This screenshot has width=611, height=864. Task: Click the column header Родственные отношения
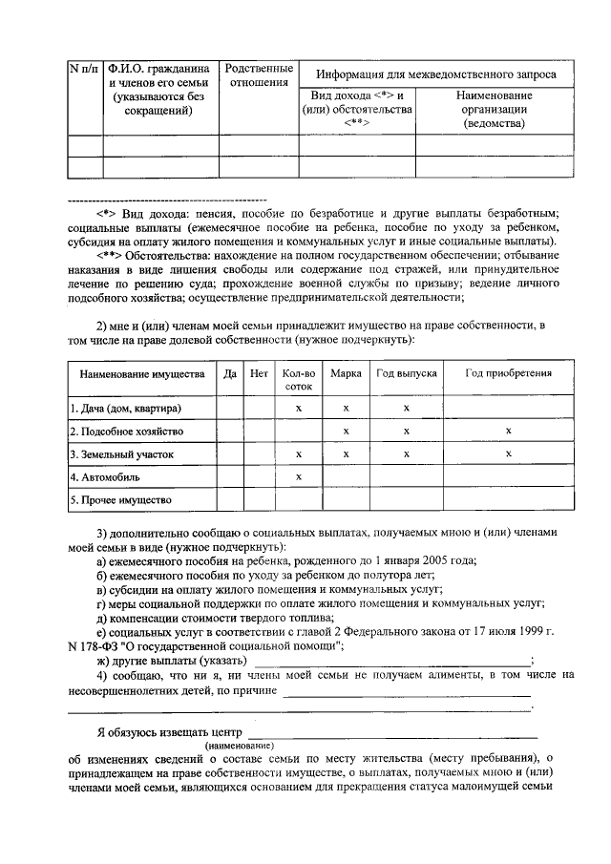pyautogui.click(x=257, y=75)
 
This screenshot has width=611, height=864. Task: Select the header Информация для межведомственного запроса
pyautogui.click(x=436, y=74)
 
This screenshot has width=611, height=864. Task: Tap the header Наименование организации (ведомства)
pyautogui.click(x=494, y=110)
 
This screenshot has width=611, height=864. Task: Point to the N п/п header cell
pyautogui.click(x=84, y=69)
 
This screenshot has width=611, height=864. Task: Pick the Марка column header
pyautogui.click(x=345, y=374)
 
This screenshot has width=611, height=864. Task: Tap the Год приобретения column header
pyautogui.click(x=508, y=374)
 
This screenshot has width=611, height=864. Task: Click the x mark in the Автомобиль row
pyautogui.click(x=298, y=476)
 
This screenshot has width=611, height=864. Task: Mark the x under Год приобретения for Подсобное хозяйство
pyautogui.click(x=508, y=432)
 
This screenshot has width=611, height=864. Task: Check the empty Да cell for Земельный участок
pyautogui.click(x=229, y=454)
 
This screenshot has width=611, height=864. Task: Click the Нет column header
pyautogui.click(x=259, y=374)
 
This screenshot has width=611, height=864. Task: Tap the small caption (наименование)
pyautogui.click(x=239, y=745)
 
